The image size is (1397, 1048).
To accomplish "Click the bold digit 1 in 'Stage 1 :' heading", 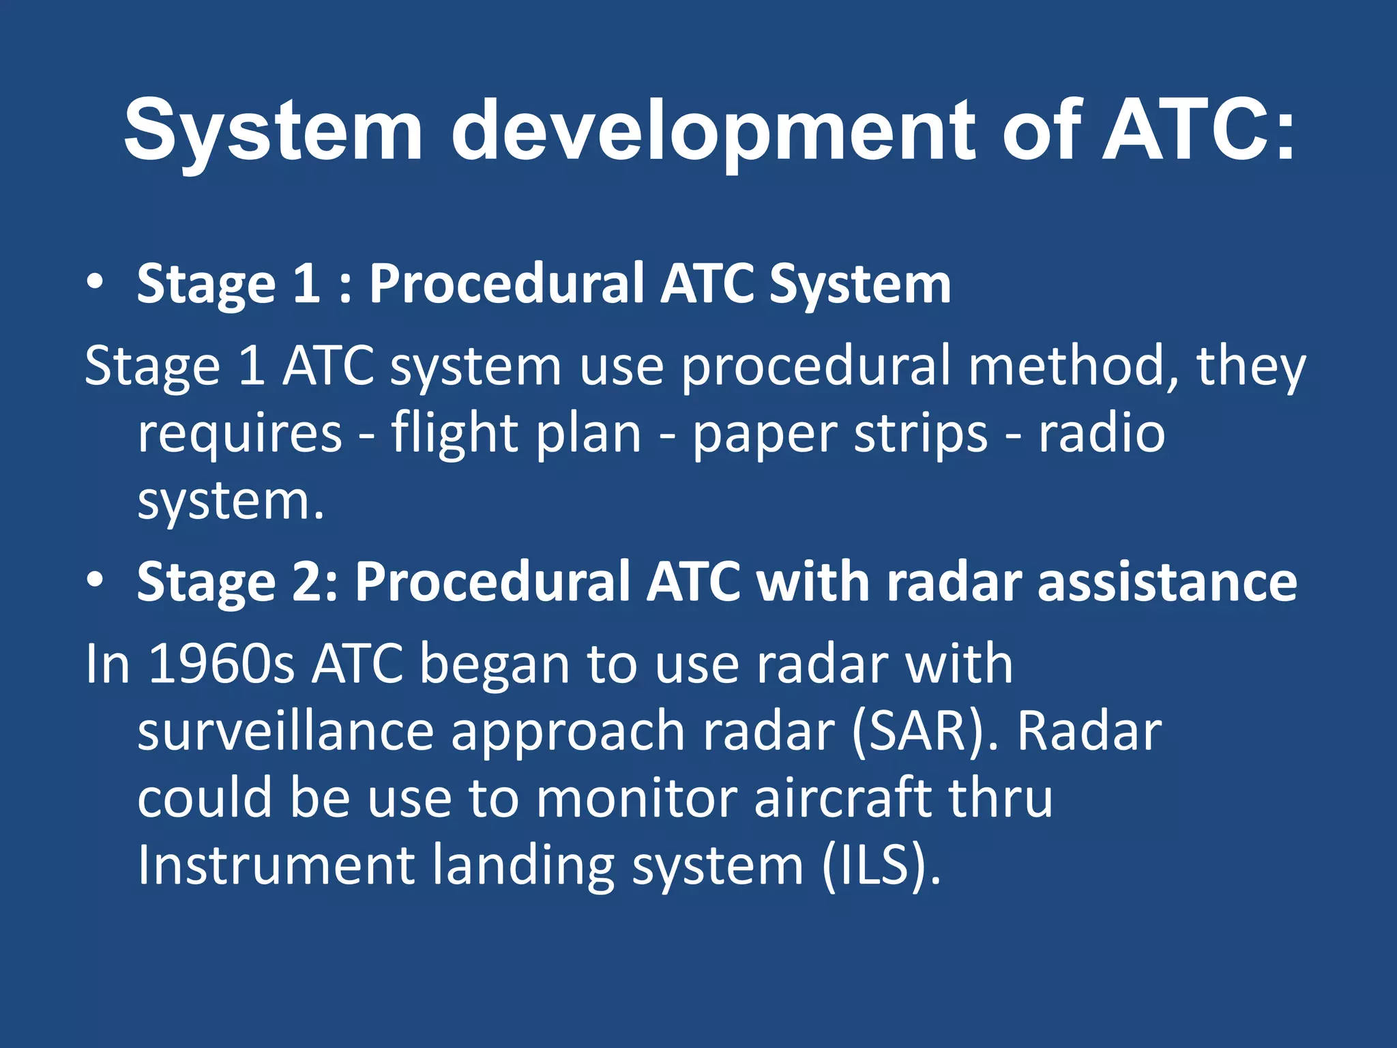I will point(306,283).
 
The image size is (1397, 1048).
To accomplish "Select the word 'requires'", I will point(239,434).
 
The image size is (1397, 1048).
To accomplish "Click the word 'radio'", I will point(1101,434).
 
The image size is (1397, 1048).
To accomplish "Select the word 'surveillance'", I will point(286,731).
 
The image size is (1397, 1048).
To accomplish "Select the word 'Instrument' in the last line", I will point(276,865).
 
